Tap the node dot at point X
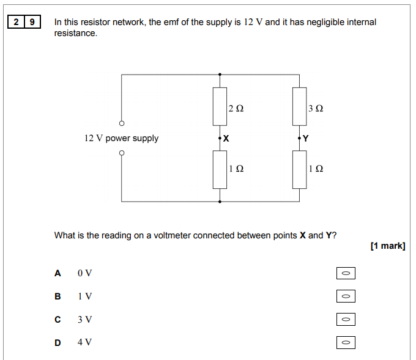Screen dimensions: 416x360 pos(220,138)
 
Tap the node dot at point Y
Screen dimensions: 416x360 pos(299,138)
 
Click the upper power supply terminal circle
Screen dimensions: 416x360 pos(122,123)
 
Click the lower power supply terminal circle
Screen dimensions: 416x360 pos(122,153)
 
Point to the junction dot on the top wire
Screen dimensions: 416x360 pos(220,75)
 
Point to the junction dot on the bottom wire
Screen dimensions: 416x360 pos(220,202)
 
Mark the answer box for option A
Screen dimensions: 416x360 pos(346,273)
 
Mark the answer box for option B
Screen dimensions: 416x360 pos(346,296)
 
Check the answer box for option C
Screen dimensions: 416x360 pos(346,319)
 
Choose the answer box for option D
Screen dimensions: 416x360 pos(346,342)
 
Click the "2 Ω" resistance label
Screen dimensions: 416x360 pos(236,108)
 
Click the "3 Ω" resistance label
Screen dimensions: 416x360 pos(316,108)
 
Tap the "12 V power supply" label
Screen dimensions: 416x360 pos(122,138)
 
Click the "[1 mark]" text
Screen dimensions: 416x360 pos(388,246)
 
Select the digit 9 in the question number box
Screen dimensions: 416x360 pos(32,22)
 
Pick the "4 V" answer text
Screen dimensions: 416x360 pos(84,342)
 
